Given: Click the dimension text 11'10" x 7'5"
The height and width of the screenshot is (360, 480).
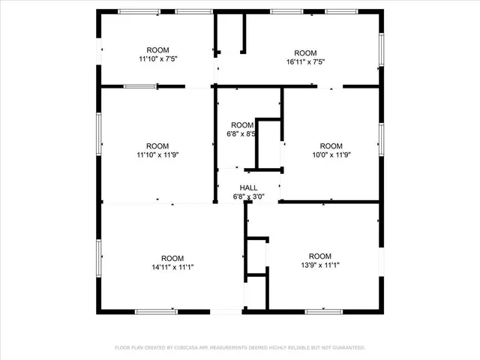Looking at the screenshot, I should (157, 58).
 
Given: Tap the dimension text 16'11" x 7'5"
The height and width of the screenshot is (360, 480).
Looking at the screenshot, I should (306, 62).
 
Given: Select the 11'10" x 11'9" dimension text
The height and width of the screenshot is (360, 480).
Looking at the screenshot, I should (157, 155).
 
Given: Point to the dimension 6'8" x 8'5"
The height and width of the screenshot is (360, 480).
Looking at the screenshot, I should (241, 134).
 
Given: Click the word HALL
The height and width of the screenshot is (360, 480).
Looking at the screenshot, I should (248, 187).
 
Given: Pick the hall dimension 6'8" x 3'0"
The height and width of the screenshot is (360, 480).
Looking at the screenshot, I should (248, 197).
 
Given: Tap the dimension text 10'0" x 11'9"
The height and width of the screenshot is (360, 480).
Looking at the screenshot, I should (331, 155).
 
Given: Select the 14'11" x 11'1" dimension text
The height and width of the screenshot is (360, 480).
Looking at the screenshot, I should (172, 266).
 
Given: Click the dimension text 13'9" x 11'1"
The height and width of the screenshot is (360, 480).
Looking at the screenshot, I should (320, 265).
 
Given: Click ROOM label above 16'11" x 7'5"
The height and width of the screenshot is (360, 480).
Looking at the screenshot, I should (306, 53).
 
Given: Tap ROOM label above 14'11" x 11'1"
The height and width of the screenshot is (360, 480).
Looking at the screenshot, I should (172, 257).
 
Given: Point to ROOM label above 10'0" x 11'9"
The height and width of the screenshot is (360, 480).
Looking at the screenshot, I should (331, 145).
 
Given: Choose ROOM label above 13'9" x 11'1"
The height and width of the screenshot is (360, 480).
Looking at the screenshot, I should (320, 256).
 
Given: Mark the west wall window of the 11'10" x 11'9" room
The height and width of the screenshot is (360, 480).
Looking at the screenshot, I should (98, 134).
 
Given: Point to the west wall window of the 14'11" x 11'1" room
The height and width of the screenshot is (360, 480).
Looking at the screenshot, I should (98, 257).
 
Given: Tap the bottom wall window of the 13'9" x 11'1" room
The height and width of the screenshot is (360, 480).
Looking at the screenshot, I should (324, 310).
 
